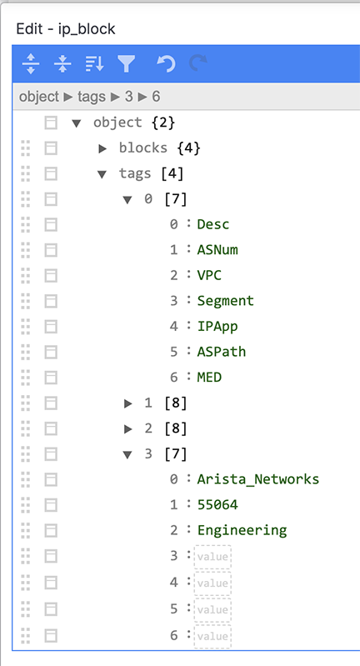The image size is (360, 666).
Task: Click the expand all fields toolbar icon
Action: click(x=31, y=63)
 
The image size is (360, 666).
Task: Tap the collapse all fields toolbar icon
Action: click(x=62, y=63)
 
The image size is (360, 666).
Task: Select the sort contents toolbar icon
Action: click(x=94, y=63)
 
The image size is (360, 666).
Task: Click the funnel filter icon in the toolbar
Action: click(x=127, y=63)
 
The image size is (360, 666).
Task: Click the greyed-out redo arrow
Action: click(x=197, y=63)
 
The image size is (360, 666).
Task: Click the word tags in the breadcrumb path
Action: click(x=92, y=97)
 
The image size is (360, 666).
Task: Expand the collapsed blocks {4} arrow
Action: click(x=102, y=148)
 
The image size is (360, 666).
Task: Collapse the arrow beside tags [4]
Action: click(x=102, y=174)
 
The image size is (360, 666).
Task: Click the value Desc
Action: click(x=213, y=224)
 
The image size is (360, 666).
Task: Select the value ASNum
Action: click(x=217, y=250)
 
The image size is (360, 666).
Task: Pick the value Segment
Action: click(x=226, y=301)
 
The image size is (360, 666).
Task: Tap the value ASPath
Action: click(x=222, y=352)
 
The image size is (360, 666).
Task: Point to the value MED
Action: click(x=209, y=377)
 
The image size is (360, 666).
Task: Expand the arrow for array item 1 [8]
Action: click(x=127, y=403)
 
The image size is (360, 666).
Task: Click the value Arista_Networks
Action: click(x=258, y=479)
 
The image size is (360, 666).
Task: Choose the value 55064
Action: click(x=217, y=504)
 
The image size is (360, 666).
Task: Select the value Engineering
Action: click(x=242, y=530)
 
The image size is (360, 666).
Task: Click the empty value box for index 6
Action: click(x=212, y=636)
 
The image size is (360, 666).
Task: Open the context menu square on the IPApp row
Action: click(x=51, y=327)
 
